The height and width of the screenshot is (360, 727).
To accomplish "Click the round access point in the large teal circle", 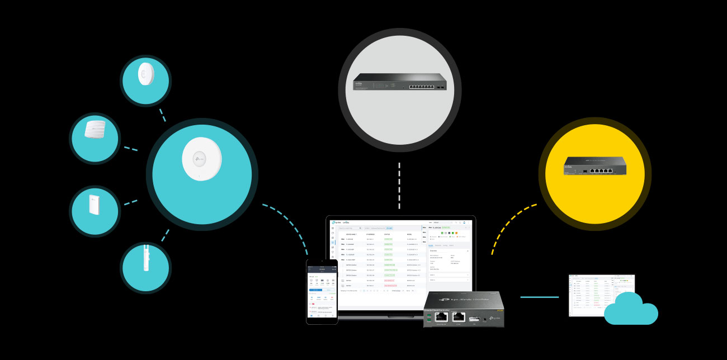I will pos(201,158).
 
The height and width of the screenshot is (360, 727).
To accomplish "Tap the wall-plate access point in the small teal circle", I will pos(94,211).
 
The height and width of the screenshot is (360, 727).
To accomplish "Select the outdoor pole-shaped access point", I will pos(145,267).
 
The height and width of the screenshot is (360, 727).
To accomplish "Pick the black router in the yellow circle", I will pos(594,167).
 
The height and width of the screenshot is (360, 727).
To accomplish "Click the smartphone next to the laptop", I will pos(322,291).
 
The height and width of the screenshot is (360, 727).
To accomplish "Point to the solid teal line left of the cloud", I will pos(539,297).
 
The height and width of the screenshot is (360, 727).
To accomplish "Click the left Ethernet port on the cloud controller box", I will pos(442,317).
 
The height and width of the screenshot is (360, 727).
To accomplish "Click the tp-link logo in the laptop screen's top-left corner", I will pos(337,222).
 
